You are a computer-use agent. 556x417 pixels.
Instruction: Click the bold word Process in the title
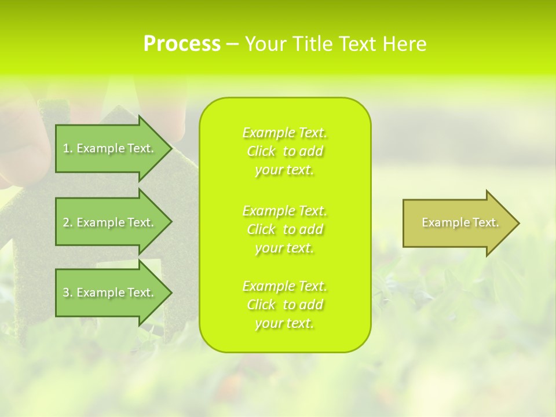[182, 44]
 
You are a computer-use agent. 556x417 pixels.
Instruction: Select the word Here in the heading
[405, 44]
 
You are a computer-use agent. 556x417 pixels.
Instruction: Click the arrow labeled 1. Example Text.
[110, 148]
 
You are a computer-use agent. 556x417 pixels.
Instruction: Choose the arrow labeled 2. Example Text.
[110, 222]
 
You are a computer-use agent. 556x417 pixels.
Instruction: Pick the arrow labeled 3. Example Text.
[110, 292]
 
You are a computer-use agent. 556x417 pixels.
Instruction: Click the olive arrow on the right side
[458, 223]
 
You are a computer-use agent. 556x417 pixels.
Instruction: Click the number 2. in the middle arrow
[67, 222]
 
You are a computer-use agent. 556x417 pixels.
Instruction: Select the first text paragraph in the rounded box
[285, 151]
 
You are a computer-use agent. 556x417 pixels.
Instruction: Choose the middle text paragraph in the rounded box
[285, 229]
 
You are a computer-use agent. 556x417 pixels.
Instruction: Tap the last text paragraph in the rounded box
[285, 305]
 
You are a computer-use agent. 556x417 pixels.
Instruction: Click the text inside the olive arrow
[460, 222]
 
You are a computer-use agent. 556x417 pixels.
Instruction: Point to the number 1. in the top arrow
[67, 148]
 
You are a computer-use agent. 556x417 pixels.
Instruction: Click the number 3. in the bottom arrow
[67, 292]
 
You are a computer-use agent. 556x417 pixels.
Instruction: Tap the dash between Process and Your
[232, 44]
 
